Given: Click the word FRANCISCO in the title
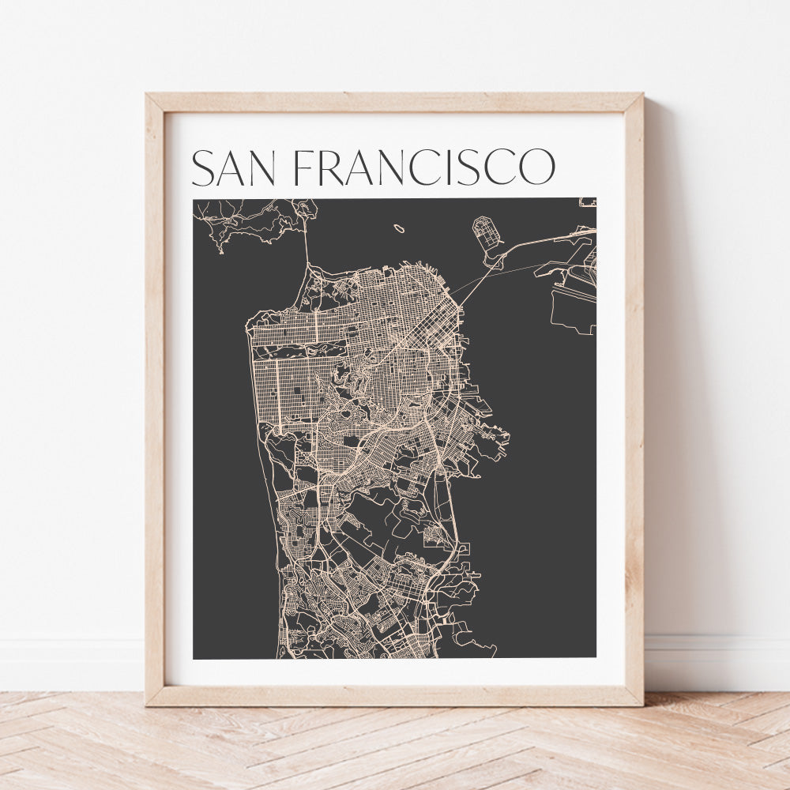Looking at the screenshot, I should click(424, 167).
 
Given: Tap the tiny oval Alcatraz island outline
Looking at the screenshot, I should click(399, 228).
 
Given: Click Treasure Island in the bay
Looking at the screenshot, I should click(487, 232).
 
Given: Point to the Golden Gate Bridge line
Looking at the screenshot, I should click(307, 253).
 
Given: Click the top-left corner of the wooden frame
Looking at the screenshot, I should click(148, 96).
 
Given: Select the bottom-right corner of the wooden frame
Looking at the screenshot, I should click(641, 703).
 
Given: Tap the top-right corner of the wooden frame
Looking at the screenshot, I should click(641, 96).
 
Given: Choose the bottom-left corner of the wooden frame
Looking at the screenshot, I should click(148, 703).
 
